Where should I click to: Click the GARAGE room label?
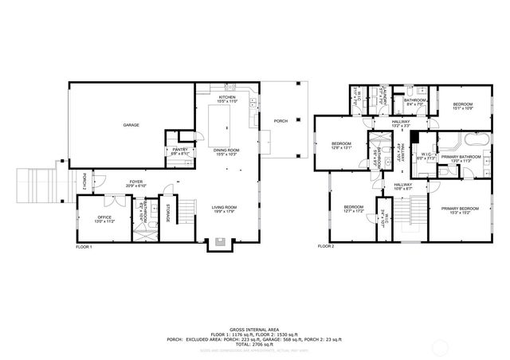click(131, 125)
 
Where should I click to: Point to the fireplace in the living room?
click(220, 241)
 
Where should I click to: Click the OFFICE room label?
click(104, 216)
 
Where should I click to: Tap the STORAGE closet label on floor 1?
click(167, 214)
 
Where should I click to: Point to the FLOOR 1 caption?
click(84, 247)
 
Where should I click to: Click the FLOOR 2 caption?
click(326, 247)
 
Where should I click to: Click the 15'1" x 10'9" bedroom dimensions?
click(463, 108)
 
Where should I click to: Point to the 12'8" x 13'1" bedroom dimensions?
click(342, 147)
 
